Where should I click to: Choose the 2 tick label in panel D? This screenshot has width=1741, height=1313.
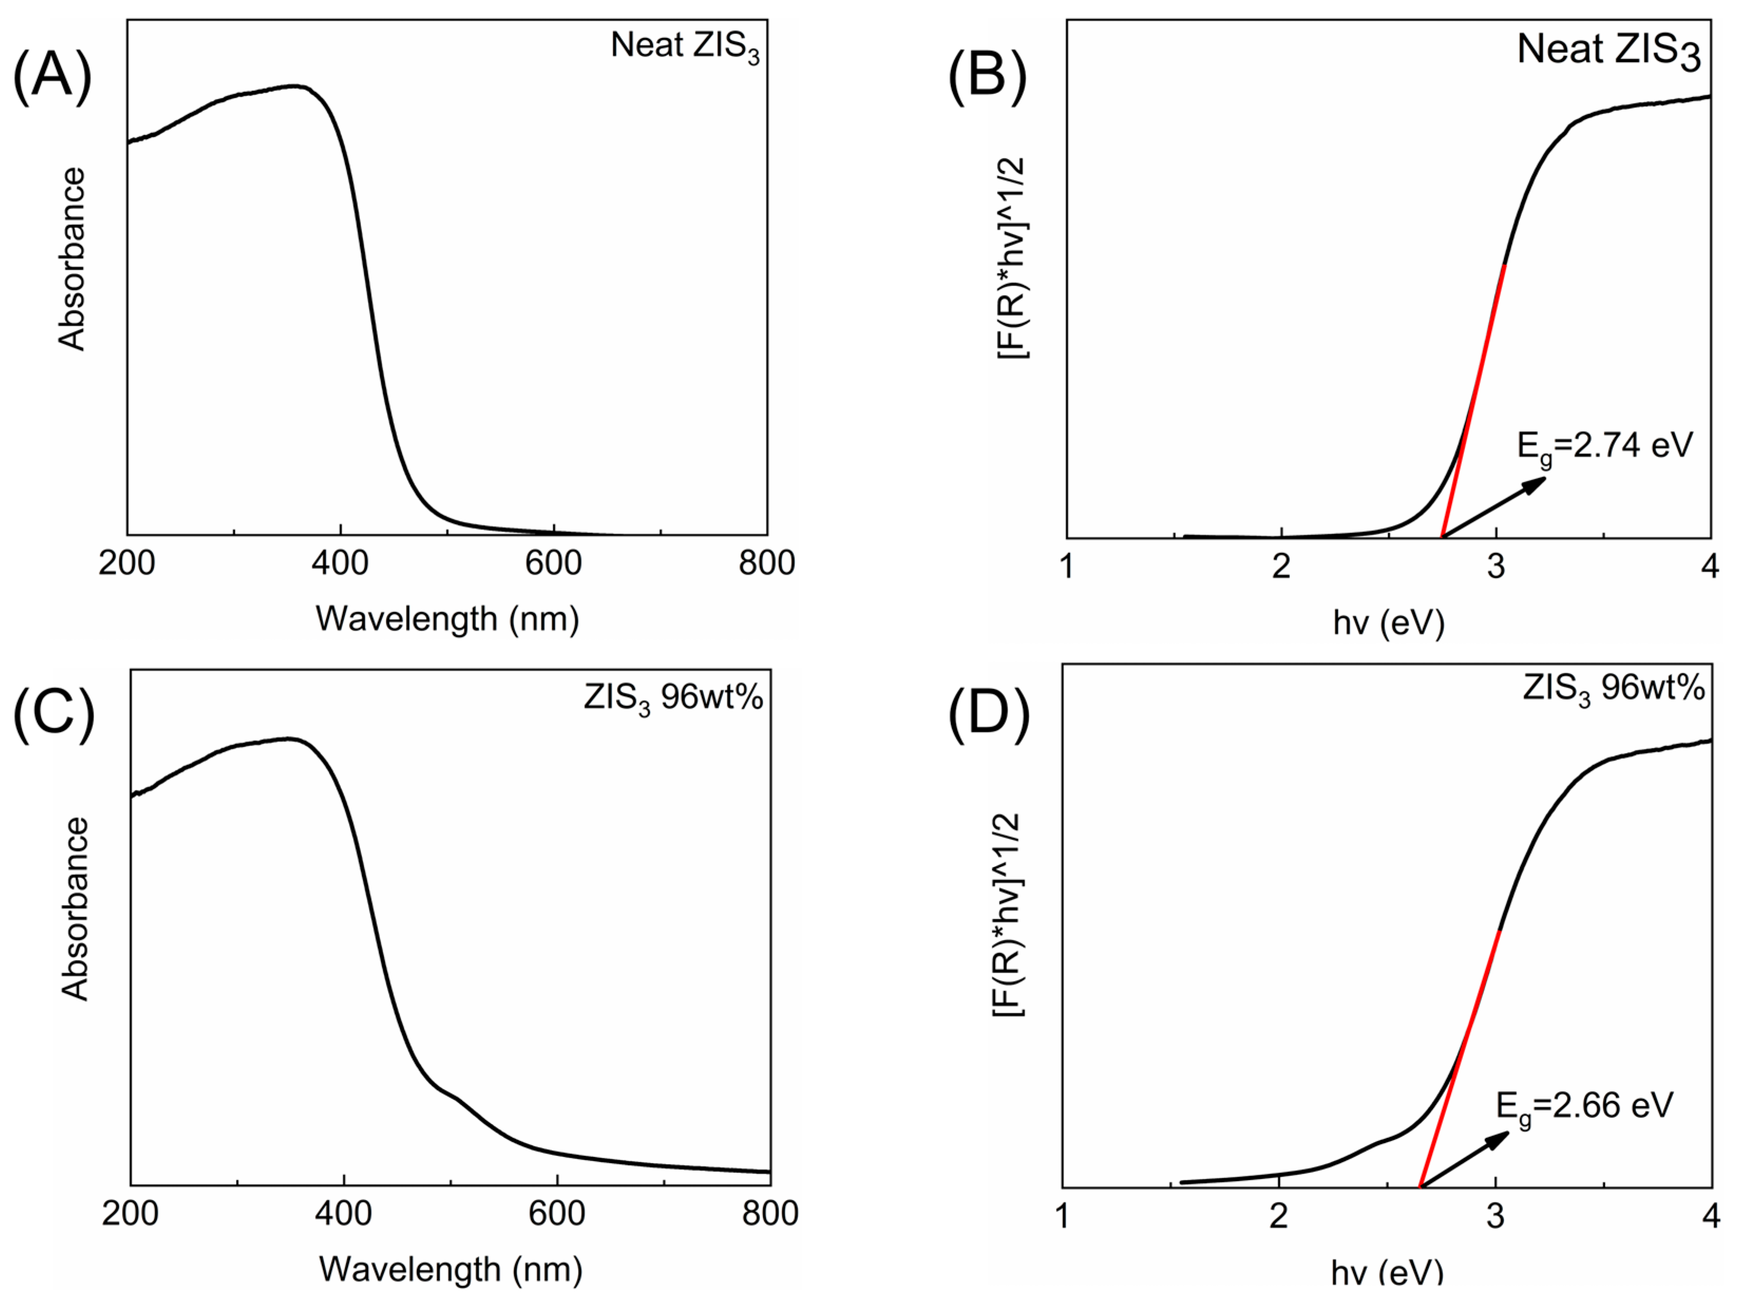coord(1278,1217)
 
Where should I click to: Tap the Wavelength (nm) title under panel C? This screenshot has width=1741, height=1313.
coord(450,1269)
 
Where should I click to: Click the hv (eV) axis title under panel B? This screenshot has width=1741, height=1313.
coord(1388,623)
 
